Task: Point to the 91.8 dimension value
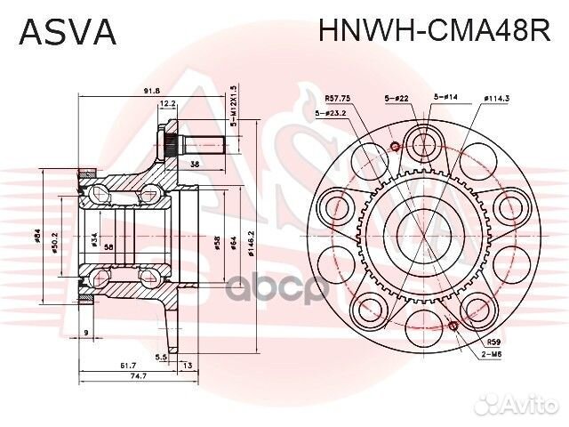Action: (150, 90)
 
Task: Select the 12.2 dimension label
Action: (167, 104)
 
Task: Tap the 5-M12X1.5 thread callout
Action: (233, 106)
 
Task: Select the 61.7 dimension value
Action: (127, 365)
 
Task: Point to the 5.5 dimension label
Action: (161, 356)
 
